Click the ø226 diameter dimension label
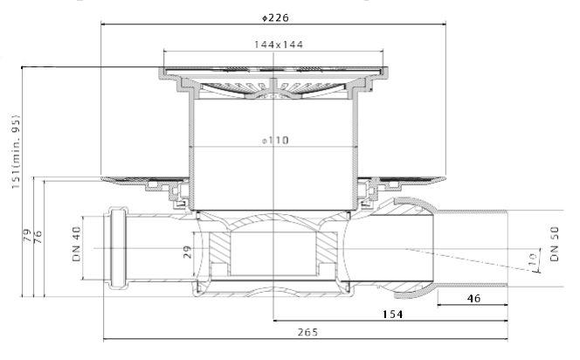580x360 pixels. coord(275,17)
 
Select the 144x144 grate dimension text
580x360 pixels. coord(279,45)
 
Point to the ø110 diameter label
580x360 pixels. coord(275,140)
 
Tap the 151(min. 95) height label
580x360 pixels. coord(16,151)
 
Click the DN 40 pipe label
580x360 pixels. coord(77,244)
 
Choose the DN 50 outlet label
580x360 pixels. coord(554,244)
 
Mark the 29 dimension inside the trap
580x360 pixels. coord(188,252)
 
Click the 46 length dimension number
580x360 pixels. coord(473,298)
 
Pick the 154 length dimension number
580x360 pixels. coord(392,314)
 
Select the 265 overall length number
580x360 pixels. coord(307,332)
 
